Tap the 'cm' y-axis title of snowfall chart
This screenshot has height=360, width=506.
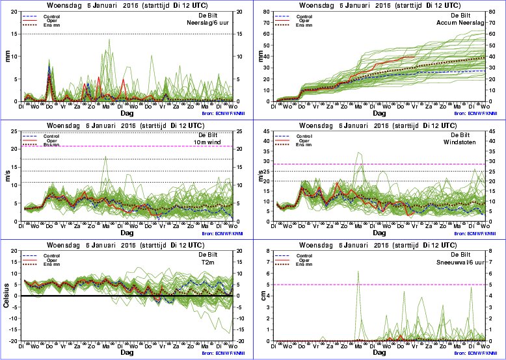[x=261, y=296]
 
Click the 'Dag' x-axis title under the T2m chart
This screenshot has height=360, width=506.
[x=127, y=352]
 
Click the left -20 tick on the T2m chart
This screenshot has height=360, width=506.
[x=15, y=341]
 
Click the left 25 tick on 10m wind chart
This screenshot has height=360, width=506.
[x=15, y=132]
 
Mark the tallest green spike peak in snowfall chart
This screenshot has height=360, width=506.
[x=358, y=272]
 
